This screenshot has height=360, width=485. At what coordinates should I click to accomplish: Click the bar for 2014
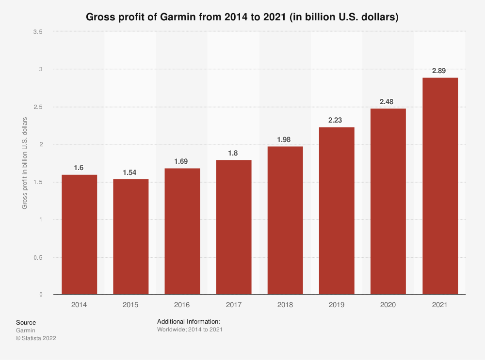79,235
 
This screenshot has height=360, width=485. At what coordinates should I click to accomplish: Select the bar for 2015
130,237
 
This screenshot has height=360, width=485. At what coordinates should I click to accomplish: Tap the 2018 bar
285,220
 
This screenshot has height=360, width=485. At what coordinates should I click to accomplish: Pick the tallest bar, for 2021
440,186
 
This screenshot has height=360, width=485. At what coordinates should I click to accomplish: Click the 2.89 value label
440,71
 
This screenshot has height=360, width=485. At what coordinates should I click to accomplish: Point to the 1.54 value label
130,172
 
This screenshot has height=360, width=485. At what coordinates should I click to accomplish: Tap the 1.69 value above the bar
182,161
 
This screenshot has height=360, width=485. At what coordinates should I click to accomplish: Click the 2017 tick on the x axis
234,305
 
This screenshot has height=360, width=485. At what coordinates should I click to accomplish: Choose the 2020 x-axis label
388,305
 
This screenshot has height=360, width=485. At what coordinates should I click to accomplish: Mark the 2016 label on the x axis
182,305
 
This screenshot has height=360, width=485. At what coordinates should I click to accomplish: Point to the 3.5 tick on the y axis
38,32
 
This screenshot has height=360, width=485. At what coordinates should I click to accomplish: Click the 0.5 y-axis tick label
38,257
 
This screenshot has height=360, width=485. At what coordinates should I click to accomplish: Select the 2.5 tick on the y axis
38,107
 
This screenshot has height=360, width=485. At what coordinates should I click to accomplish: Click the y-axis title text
25,163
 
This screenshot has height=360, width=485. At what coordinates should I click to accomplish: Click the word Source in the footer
26,323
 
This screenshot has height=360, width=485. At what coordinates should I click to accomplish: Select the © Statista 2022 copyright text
36,339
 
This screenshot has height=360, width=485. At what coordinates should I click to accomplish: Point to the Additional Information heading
189,322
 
